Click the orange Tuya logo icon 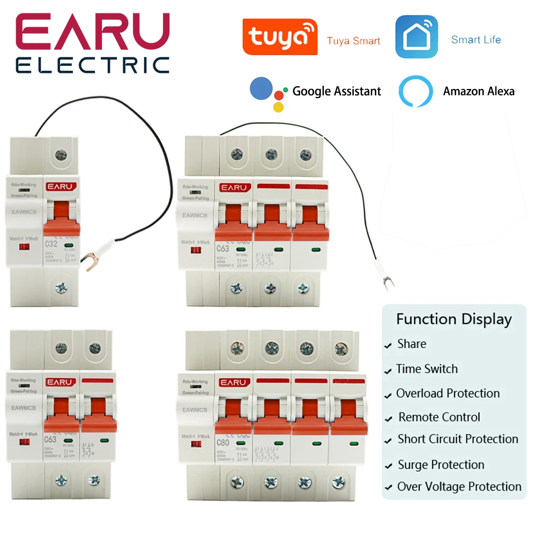tap(280, 37)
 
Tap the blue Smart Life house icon tap(416, 37)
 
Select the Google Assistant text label tap(337, 91)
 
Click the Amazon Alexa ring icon tap(415, 92)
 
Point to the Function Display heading tap(454, 319)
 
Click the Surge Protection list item tap(441, 465)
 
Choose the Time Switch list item tap(427, 369)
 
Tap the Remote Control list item tap(439, 417)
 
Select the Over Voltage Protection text tap(459, 487)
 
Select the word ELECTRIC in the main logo tap(92, 65)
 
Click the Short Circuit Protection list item tap(458, 439)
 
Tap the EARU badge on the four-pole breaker tap(234, 383)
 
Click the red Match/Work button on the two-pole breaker tap(23, 443)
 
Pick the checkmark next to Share tap(388, 346)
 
